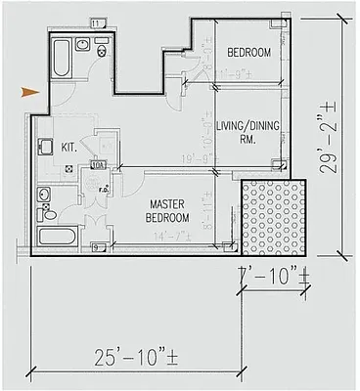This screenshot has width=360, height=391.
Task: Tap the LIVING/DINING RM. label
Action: pyautogui.click(x=248, y=132)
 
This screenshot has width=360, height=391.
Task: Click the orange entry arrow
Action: pyautogui.click(x=29, y=93)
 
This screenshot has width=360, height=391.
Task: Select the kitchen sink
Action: pyautogui.click(x=44, y=148)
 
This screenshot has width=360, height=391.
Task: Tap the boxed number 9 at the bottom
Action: pyautogui.click(x=95, y=248)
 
